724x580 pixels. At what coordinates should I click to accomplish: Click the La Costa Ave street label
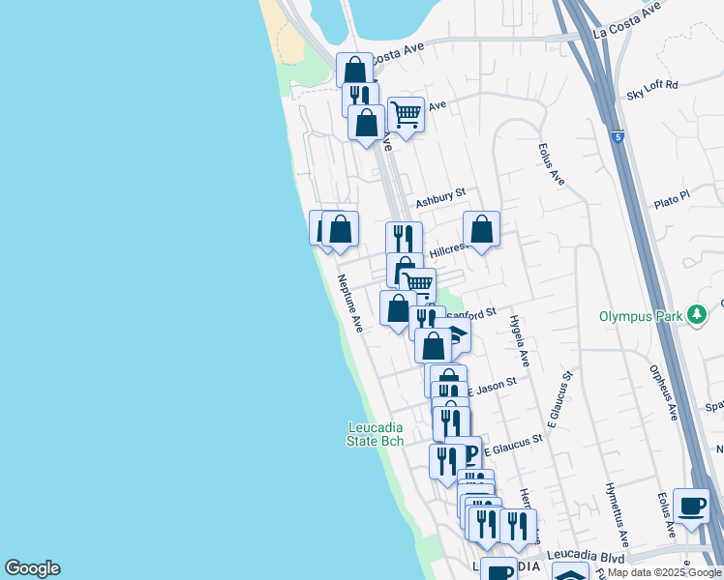tap(627, 18)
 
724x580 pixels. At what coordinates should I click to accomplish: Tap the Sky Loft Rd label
tap(652, 89)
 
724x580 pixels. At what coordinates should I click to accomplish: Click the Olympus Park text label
tap(639, 316)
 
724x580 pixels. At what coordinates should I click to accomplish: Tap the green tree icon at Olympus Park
tap(695, 315)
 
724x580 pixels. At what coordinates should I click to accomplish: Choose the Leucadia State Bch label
tap(376, 434)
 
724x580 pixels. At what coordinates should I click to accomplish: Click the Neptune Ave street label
tap(350, 304)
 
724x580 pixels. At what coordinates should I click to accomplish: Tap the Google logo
tap(32, 568)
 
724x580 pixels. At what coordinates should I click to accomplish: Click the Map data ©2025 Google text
tap(664, 572)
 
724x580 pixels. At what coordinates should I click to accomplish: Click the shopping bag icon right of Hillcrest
tap(481, 229)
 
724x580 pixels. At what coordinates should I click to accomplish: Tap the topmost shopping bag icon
tap(355, 71)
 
